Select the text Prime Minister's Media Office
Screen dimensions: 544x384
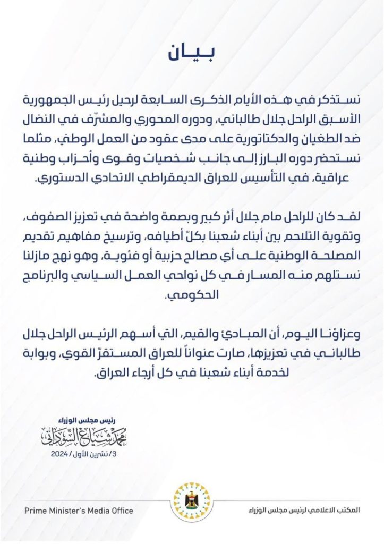(x=79, y=511)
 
